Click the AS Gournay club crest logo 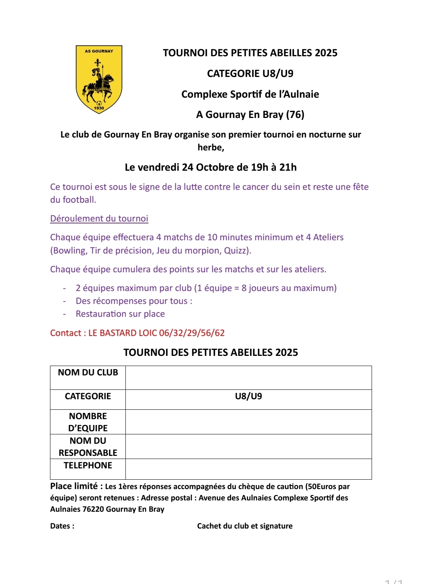[x=99, y=79]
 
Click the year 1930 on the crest [x=99, y=108]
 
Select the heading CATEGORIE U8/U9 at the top [x=250, y=73]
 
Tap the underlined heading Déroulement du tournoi [x=99, y=218]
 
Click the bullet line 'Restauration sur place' [x=120, y=314]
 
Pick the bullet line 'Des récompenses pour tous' [x=134, y=301]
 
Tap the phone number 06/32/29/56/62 [x=192, y=333]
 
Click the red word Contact [x=66, y=333]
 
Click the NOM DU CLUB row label [x=88, y=373]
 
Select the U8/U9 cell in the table [x=249, y=396]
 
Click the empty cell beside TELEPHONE [x=249, y=469]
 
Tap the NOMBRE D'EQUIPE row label [x=88, y=422]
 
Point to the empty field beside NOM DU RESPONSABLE [x=249, y=446]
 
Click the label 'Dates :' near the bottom [x=62, y=526]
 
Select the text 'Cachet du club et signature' [x=245, y=526]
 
